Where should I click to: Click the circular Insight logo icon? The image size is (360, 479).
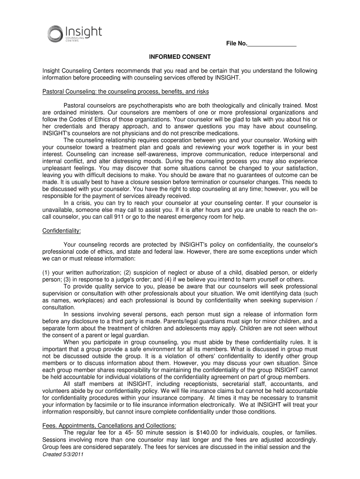click(55, 34)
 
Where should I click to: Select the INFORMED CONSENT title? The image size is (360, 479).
click(180, 57)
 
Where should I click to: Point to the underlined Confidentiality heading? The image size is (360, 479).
click(62, 231)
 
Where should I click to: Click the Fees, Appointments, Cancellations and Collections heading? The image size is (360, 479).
click(109, 425)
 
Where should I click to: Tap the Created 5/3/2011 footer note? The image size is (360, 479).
click(59, 455)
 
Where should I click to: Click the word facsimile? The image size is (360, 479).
click(117, 405)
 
